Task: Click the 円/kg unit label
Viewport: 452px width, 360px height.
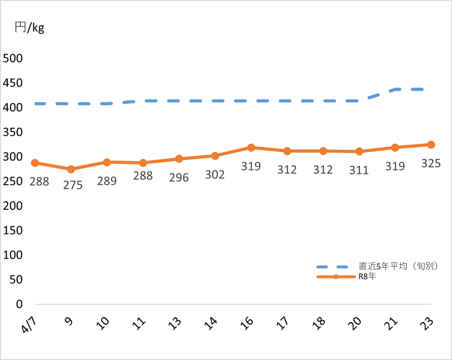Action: tap(29, 28)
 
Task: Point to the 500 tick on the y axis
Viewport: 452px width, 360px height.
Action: tap(13, 58)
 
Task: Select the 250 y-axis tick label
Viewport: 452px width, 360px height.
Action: tap(13, 181)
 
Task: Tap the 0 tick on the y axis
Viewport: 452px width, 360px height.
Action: tap(19, 304)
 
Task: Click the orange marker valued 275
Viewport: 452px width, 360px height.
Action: tap(71, 169)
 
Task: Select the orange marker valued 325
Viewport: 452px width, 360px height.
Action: tap(431, 145)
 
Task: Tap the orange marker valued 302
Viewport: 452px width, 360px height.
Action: tap(215, 155)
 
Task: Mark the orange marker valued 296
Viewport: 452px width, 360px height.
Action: tap(179, 159)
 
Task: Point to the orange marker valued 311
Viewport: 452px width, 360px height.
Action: tap(359, 151)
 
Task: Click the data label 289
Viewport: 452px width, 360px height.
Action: tap(107, 181)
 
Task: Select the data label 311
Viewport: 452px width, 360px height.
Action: tap(359, 170)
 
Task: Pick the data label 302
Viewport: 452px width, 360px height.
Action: tap(215, 175)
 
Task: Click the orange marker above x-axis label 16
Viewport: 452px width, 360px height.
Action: tap(251, 147)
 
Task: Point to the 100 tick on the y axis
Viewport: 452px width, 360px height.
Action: tap(13, 255)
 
